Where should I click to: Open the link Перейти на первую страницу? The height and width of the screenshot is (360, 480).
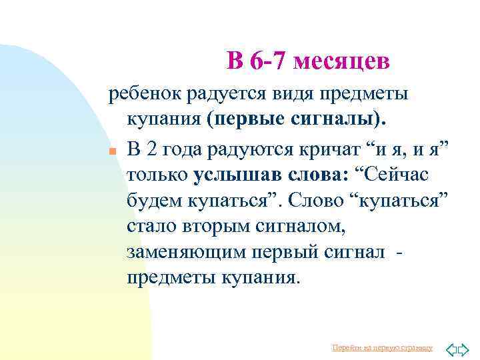pyautogui.click(x=382, y=348)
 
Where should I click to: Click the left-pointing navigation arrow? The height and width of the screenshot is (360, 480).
pyautogui.click(x=449, y=349)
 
